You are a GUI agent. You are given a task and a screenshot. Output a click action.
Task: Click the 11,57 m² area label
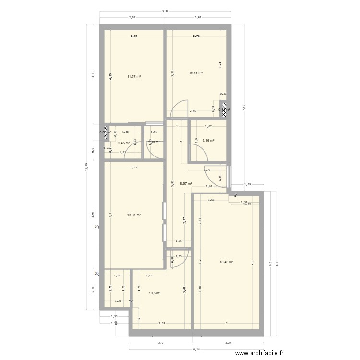(134, 76)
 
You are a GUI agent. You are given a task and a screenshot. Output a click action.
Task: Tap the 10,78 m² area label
(195, 73)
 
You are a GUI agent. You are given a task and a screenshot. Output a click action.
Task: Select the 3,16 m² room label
(208, 141)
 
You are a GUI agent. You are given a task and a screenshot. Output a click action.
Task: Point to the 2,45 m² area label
(124, 143)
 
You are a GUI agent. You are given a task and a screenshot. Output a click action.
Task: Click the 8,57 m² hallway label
(186, 183)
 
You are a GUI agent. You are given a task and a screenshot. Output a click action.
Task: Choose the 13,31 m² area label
(134, 215)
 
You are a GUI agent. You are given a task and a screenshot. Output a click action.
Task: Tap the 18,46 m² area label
(227, 262)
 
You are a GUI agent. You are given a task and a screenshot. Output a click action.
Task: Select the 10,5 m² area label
(154, 293)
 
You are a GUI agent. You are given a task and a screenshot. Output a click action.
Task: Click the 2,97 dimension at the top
(132, 18)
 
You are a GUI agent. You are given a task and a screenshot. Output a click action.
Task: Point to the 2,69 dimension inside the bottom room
(162, 324)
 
